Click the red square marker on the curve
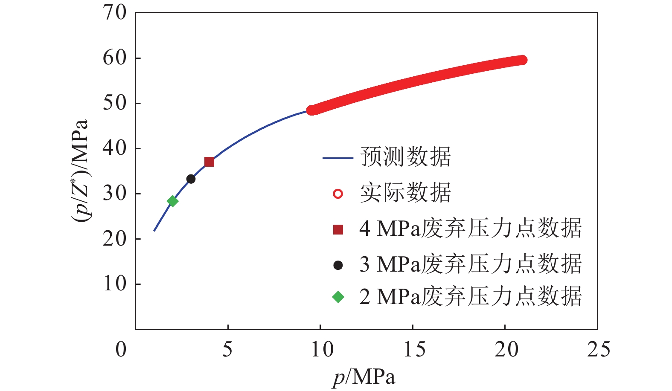tap(209, 162)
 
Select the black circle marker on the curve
tap(191, 179)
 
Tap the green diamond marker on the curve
tap(172, 201)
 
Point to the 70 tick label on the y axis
tap(115, 13)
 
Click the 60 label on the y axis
tap(115, 58)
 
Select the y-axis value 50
tap(115, 103)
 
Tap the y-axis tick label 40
tap(115, 148)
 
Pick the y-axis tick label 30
tap(115, 194)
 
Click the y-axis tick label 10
tap(115, 284)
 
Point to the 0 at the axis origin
tap(121, 350)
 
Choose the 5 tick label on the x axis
tap(228, 350)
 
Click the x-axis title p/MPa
tap(364, 377)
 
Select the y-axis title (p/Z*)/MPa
tap(80, 171)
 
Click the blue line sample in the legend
tap(337, 158)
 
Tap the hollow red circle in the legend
tap(337, 194)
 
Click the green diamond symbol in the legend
tap(338, 297)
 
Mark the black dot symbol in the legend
tap(338, 265)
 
